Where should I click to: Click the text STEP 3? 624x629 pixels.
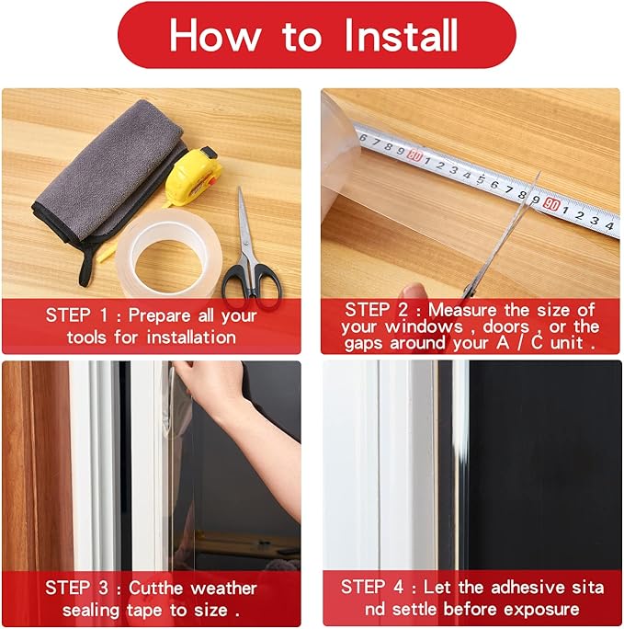click(x=77, y=588)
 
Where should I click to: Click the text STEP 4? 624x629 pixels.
click(x=372, y=587)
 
